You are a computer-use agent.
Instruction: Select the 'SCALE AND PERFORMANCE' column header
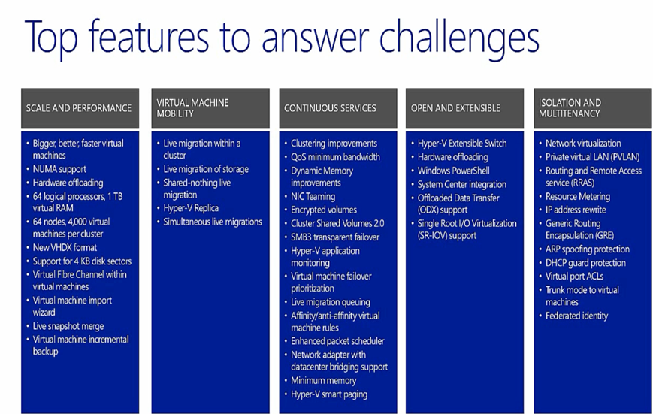[x=80, y=108]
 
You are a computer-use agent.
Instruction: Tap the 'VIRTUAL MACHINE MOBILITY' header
[x=210, y=108]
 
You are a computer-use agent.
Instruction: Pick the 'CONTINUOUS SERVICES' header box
[x=338, y=108]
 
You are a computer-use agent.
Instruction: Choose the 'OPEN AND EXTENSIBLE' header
[x=464, y=108]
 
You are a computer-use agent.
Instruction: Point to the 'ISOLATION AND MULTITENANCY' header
[x=593, y=108]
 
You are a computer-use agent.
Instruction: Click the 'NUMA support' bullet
[x=59, y=169]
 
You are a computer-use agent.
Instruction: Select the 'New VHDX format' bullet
[x=65, y=247]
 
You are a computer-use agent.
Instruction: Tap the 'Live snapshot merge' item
[x=68, y=326]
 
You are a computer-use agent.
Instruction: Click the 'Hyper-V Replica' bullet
[x=191, y=208]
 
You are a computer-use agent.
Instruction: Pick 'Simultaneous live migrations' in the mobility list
[x=213, y=222]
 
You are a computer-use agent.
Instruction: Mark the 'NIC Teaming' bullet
[x=313, y=197]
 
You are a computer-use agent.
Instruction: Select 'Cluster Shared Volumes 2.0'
[x=337, y=223]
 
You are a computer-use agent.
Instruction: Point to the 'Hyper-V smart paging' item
[x=329, y=394]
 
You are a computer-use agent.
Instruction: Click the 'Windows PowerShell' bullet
[x=454, y=171]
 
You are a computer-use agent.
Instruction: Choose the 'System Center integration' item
[x=462, y=185]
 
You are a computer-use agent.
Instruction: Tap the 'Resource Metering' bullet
[x=578, y=197]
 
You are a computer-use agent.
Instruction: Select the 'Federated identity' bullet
[x=577, y=316]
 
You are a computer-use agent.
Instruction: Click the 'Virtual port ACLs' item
[x=574, y=277]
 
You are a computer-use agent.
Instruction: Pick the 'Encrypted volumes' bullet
[x=324, y=210]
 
